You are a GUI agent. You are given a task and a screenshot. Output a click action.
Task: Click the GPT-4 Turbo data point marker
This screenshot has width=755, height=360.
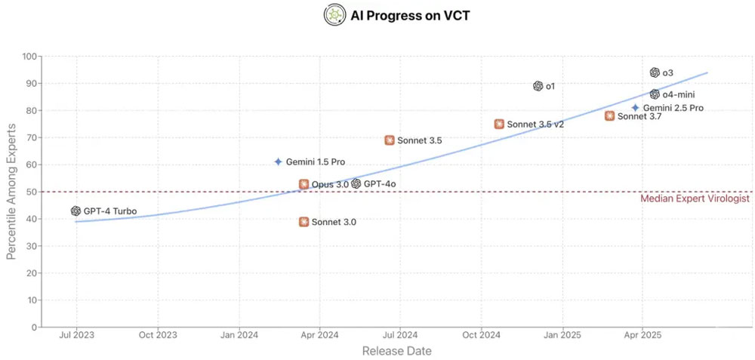tap(75, 211)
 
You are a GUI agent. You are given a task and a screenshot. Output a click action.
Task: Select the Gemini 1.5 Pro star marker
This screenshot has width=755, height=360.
tap(278, 162)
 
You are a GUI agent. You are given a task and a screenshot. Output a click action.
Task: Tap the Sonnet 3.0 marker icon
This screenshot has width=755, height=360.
tap(304, 222)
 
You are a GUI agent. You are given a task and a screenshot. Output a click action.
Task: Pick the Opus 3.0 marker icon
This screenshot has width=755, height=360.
tap(304, 184)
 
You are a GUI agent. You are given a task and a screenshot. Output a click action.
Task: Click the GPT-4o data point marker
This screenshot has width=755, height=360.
tap(356, 183)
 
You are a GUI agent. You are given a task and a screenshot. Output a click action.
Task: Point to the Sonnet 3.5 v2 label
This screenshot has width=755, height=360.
tap(535, 125)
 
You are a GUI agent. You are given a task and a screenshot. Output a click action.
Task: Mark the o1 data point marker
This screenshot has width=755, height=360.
tap(538, 86)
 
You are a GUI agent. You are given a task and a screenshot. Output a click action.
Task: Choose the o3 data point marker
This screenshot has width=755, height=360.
tap(655, 72)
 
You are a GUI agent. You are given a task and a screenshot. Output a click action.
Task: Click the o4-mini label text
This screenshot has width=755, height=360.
tap(678, 95)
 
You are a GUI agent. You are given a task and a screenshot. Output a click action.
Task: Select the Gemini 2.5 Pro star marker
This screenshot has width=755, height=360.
tap(636, 108)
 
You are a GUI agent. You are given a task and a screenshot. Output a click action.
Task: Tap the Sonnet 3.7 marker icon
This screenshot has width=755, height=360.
tap(609, 115)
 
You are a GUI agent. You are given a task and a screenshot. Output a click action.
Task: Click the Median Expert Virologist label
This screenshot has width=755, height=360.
tap(695, 198)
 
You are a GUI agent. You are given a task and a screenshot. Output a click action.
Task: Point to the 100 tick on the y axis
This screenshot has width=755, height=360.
tap(29, 56)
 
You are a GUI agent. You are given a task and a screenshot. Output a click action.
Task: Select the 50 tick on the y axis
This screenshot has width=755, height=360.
tap(32, 192)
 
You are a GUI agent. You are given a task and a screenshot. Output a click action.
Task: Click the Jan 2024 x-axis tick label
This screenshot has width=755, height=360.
tap(238, 334)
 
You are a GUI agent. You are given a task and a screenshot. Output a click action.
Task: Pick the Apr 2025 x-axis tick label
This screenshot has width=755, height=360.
tap(641, 334)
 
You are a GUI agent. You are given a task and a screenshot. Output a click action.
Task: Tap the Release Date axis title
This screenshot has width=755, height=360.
tap(396, 351)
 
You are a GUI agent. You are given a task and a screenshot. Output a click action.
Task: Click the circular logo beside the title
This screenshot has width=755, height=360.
tap(334, 14)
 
